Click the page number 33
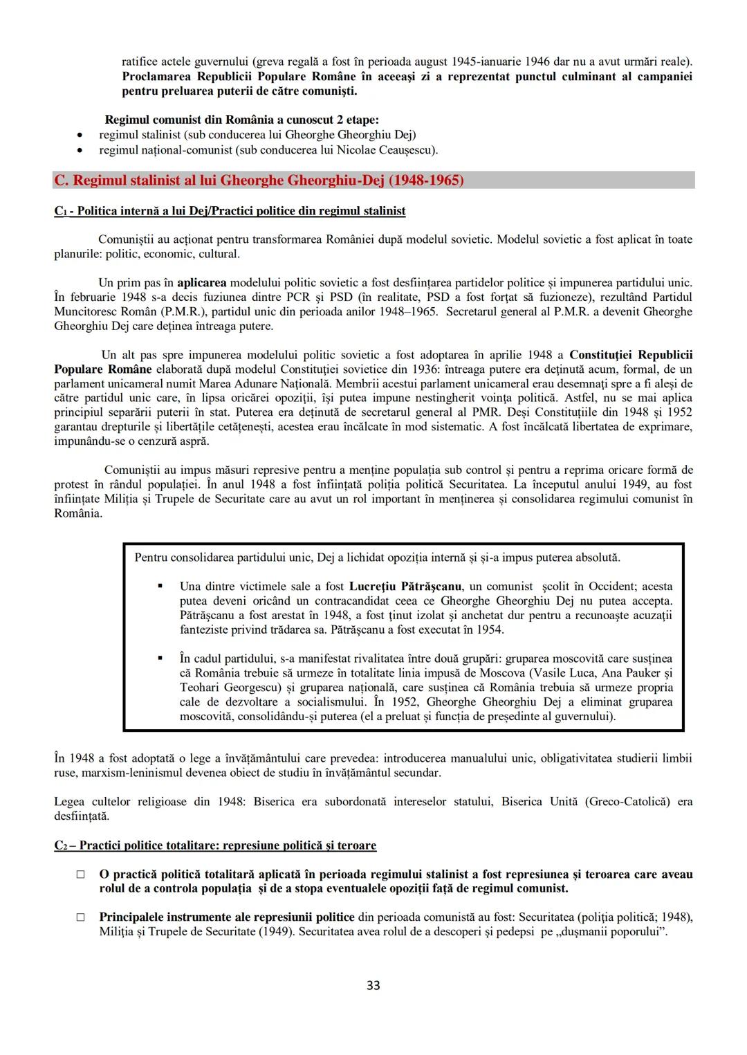[373, 985]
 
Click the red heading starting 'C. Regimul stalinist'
[259, 181]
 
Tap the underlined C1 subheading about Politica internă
[230, 211]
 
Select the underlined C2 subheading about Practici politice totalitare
[215, 845]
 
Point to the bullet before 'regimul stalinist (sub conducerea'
[82, 136]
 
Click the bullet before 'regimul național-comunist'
[82, 150]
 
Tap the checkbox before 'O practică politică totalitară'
[81, 874]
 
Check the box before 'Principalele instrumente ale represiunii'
[81, 917]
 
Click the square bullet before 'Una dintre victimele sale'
[160, 586]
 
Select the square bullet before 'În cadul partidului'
[160, 658]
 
